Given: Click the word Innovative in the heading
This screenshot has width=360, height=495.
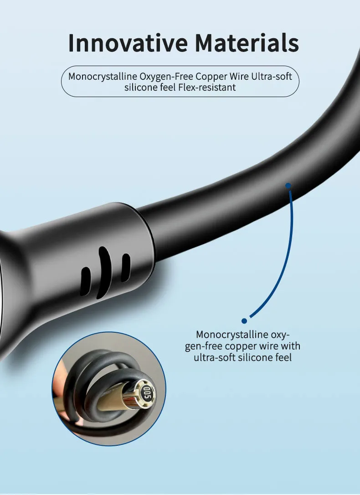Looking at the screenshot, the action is tap(128, 43).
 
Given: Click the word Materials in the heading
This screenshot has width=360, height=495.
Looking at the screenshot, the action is tap(247, 43).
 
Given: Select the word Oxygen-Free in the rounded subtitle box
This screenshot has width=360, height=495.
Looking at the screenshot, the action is tap(166, 77).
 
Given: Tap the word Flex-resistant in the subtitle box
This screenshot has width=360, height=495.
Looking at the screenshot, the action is tap(207, 87).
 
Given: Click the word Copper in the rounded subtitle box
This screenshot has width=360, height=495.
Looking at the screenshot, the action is tap(211, 77).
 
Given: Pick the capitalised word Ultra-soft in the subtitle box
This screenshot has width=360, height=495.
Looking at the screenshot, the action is tap(272, 77).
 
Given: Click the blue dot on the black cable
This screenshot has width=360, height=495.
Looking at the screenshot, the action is tap(288, 186).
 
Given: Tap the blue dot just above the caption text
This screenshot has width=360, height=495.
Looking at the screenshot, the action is tap(244, 321).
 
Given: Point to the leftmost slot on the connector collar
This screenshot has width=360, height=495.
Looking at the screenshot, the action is tap(86, 281).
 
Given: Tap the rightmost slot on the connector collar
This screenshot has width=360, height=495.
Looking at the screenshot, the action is tap(126, 267).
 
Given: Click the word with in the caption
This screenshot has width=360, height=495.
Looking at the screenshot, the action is tap(290, 346).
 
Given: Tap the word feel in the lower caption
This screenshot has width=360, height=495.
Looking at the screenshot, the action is tap(283, 358).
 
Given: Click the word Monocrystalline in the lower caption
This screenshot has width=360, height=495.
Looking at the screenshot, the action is tap(232, 335).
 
